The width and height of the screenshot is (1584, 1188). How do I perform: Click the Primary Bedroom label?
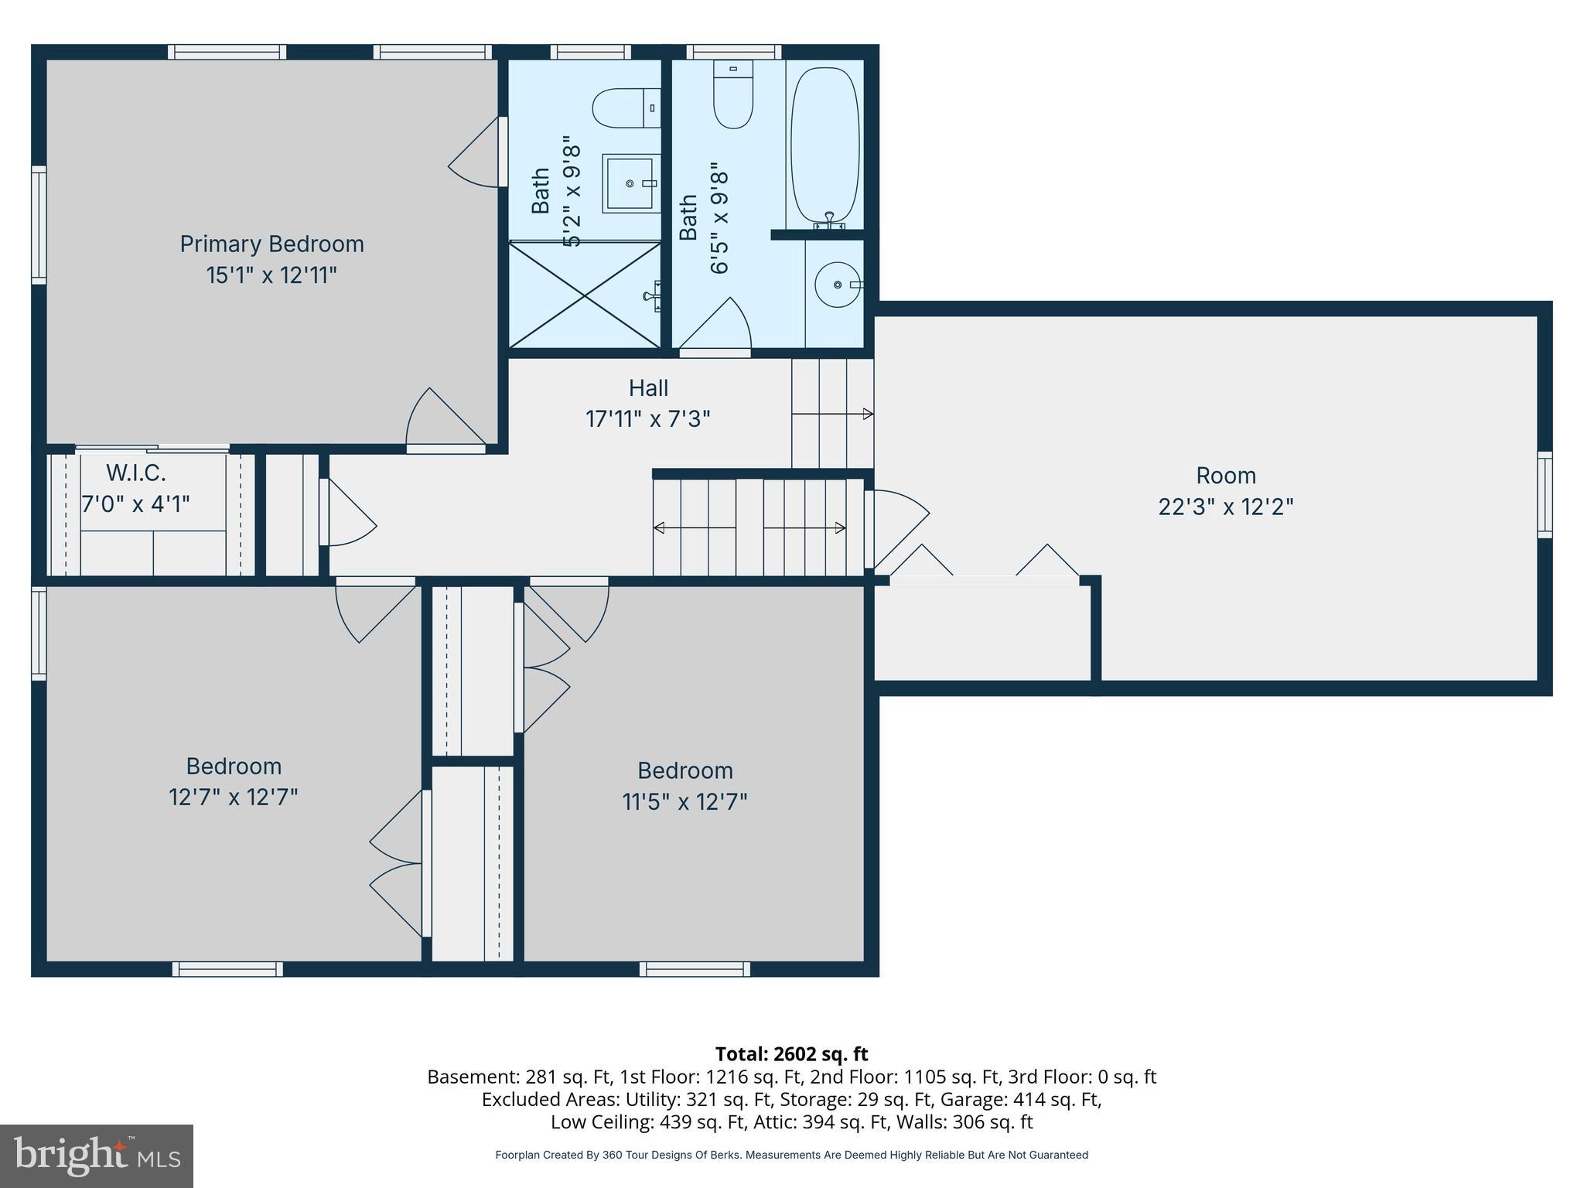271,244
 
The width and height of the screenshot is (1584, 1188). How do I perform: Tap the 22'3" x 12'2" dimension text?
1225,507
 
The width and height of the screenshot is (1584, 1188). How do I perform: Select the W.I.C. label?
136,472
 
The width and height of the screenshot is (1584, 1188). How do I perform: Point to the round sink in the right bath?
838,285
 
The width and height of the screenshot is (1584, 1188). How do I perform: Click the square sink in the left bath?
630,183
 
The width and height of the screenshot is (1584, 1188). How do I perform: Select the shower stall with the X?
585,295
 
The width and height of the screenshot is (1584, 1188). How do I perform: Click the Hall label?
648,387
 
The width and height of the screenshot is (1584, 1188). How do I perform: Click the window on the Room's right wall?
1544,495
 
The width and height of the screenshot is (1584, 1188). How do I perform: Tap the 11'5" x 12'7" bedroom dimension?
684,802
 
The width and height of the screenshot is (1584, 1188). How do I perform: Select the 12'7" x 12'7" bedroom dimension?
233,797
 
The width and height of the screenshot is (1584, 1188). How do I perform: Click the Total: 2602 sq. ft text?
791,1054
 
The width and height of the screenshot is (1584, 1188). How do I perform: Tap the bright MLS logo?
96,1156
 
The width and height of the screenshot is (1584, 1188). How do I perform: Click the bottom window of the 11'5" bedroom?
695,968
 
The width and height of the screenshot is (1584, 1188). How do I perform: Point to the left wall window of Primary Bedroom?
39,224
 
